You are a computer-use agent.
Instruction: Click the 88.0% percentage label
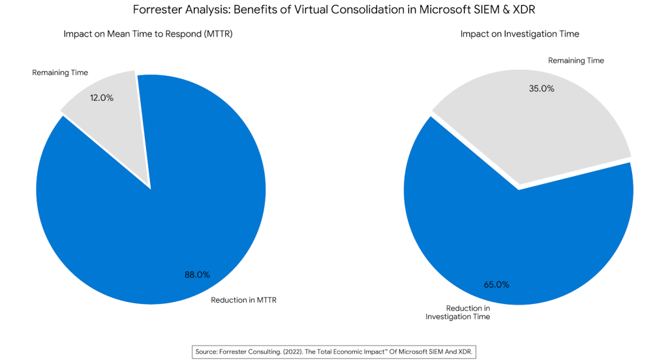(197, 275)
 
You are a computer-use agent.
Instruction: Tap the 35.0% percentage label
(541, 89)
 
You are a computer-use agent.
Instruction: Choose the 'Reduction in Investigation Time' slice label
(458, 312)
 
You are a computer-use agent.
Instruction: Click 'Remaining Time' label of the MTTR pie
(60, 72)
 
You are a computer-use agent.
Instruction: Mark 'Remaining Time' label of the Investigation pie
(576, 61)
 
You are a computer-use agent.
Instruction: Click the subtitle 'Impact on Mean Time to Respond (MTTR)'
(148, 34)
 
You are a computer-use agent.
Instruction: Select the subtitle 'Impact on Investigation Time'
(519, 34)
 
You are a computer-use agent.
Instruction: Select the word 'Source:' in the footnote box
(209, 352)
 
